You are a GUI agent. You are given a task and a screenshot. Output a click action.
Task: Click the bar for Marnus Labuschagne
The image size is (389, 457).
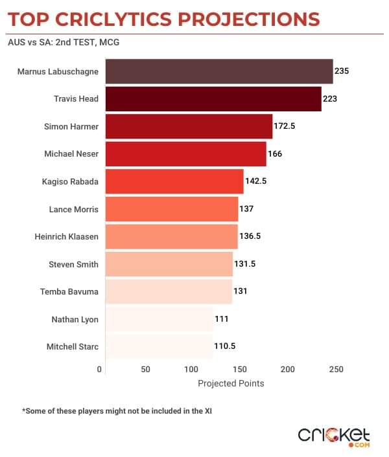tap(218, 71)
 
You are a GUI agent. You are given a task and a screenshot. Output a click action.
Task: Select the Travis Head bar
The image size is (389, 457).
tap(213, 99)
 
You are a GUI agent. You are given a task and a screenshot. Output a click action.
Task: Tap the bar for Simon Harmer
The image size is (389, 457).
tap(188, 127)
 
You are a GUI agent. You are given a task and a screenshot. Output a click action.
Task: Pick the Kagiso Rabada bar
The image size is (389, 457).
tap(174, 182)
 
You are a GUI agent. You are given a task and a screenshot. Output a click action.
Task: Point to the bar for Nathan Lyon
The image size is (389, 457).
tap(158, 319)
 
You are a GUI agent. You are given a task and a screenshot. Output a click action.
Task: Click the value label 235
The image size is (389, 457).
tap(342, 71)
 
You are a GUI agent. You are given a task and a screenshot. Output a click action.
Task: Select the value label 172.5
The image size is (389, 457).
tap(285, 126)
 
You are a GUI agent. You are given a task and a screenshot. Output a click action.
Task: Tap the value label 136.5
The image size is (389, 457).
tap(250, 237)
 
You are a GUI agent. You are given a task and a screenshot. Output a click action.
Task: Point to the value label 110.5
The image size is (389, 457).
tap(224, 347)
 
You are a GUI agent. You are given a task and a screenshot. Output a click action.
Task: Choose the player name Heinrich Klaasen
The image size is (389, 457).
tap(67, 237)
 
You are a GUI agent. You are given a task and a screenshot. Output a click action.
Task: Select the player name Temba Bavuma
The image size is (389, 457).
tap(69, 292)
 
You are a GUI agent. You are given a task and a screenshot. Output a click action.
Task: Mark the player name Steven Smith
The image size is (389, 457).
tap(74, 264)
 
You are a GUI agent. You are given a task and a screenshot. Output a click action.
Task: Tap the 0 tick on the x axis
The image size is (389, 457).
tap(100, 369)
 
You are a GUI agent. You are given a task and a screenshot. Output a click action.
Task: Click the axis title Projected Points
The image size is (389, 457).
tap(231, 383)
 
